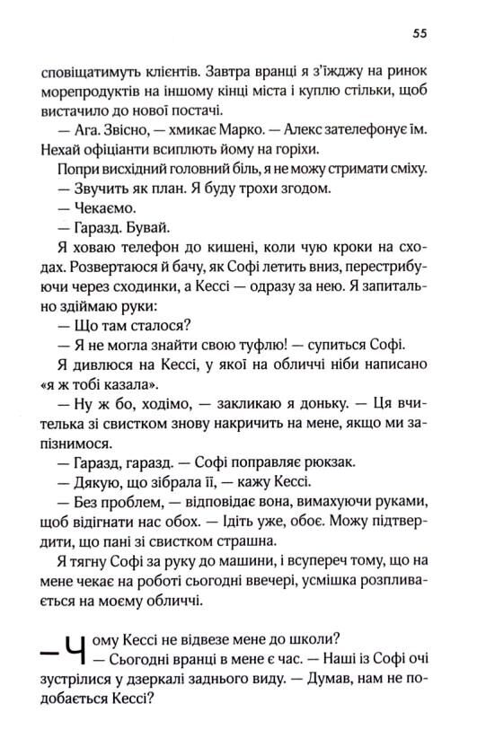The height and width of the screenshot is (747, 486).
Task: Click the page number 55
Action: pos(419,35)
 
